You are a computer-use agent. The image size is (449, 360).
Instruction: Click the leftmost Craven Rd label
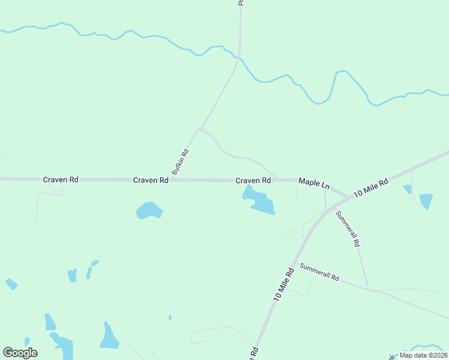point(61,179)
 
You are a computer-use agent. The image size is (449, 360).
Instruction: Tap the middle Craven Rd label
point(151,180)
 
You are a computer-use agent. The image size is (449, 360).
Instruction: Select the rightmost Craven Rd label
point(253,180)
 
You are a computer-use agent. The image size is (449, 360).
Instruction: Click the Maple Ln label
point(315,182)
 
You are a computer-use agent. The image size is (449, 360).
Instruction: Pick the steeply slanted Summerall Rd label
point(348,229)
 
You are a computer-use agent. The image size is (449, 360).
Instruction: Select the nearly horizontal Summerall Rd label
point(319,273)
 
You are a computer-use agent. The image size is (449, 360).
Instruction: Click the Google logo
point(20,353)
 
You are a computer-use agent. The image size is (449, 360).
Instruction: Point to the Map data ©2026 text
point(423,355)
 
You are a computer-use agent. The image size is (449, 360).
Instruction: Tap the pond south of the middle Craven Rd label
point(149,211)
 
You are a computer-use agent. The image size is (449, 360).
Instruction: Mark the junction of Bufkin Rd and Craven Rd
point(176,179)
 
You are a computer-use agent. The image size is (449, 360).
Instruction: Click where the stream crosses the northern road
point(239,58)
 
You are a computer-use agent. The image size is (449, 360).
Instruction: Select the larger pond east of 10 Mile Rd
point(426,200)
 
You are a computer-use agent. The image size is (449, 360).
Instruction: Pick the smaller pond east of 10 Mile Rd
point(408,189)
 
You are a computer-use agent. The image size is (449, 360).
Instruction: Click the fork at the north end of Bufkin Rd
point(200,128)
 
